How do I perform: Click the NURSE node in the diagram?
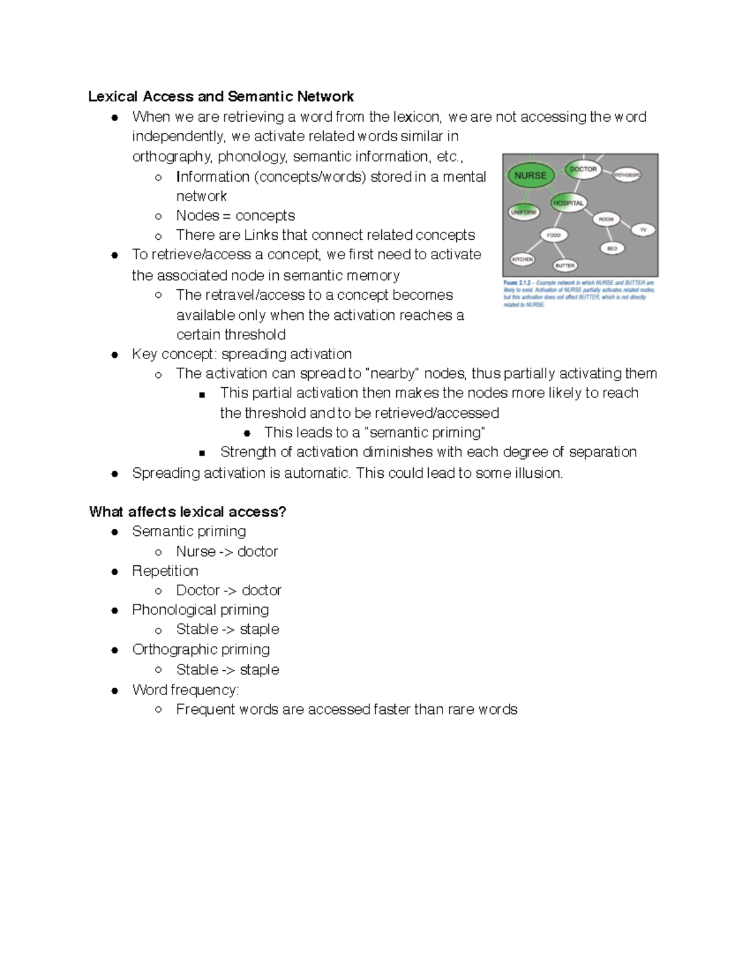[x=530, y=176]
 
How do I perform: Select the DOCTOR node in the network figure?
[x=582, y=169]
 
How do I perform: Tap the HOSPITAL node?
[x=568, y=203]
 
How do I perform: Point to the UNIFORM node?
[x=523, y=212]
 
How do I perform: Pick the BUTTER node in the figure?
[x=564, y=265]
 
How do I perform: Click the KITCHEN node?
[x=522, y=259]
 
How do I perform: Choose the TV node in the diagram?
[x=643, y=230]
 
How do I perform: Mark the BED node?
[x=612, y=248]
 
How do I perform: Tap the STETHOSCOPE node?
[x=626, y=176]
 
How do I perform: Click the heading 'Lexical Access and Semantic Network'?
[x=221, y=96]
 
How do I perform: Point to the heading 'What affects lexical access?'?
[x=187, y=512]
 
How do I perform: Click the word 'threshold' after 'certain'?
[x=256, y=334]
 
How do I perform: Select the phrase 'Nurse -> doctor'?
[x=227, y=552]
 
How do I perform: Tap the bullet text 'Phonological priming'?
[x=200, y=610]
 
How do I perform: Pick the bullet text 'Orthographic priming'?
[x=201, y=650]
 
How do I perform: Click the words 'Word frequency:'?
[x=185, y=690]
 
